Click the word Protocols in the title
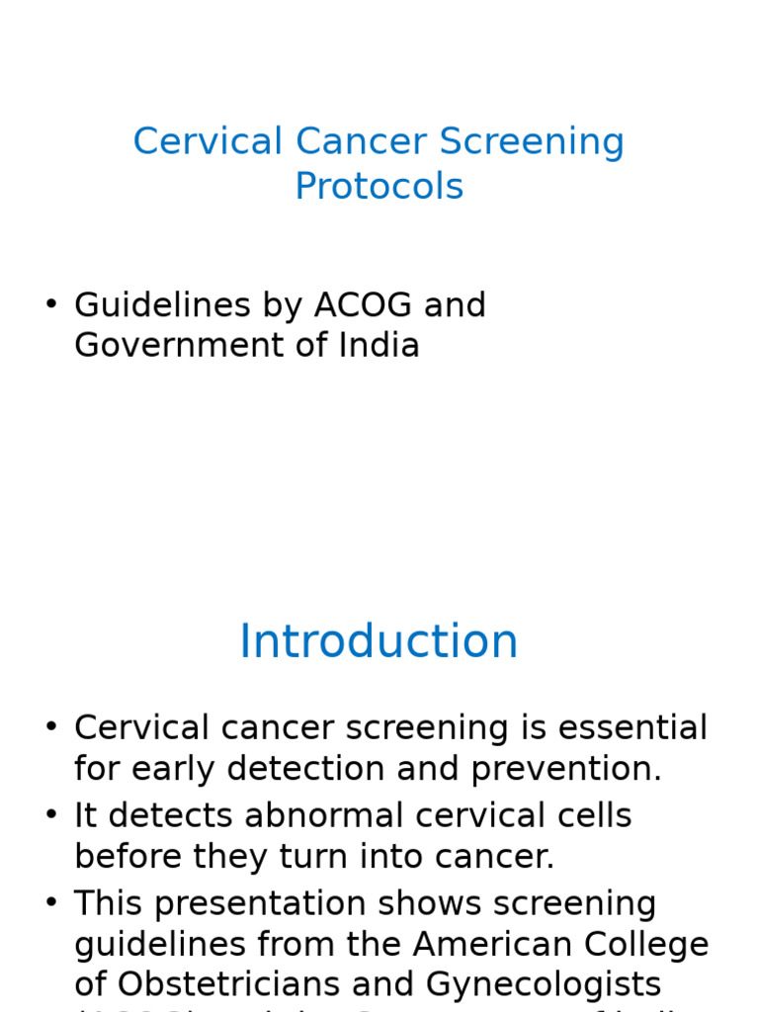click(x=379, y=187)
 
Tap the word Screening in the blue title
click(x=532, y=141)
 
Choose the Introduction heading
click(x=379, y=642)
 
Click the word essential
click(x=632, y=728)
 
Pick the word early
click(x=185, y=769)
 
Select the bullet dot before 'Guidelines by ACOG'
click(x=51, y=305)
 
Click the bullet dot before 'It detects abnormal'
click(x=51, y=816)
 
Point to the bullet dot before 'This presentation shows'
click(x=51, y=904)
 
